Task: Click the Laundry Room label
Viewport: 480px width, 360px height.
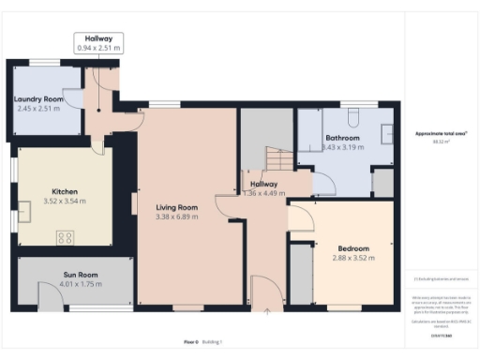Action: [x=38, y=98]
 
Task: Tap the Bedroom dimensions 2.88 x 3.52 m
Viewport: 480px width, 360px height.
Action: [x=353, y=258]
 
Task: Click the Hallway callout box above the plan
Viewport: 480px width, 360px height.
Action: [x=98, y=42]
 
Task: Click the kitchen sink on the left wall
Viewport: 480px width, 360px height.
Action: [x=20, y=217]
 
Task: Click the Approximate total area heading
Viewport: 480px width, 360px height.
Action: [x=442, y=134]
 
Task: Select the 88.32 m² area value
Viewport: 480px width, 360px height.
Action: [x=442, y=142]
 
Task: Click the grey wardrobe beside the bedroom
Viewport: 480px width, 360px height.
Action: [x=300, y=272]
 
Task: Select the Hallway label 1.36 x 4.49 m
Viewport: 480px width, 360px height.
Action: [x=263, y=188]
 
